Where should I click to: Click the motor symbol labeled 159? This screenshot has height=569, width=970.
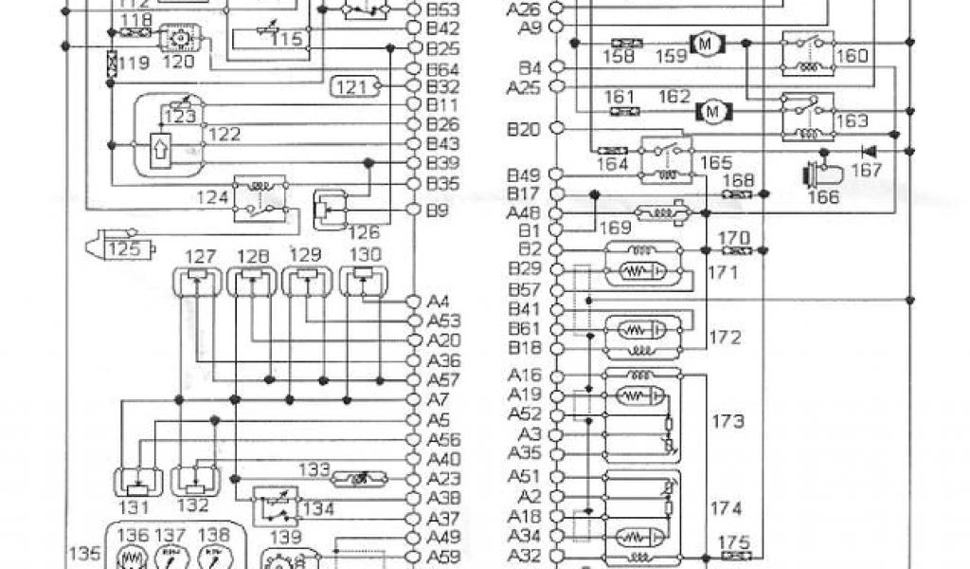(x=705, y=43)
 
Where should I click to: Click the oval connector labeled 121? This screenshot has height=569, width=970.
(x=355, y=88)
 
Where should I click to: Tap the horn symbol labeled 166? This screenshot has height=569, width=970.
(x=820, y=176)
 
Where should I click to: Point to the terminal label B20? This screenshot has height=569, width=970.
(x=524, y=130)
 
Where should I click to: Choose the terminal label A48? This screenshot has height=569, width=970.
(x=524, y=212)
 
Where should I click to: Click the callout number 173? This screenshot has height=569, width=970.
(x=727, y=419)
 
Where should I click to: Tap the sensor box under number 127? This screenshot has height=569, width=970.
(x=197, y=281)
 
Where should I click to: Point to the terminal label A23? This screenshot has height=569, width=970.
(x=443, y=479)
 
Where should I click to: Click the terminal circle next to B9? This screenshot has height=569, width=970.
(x=413, y=210)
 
